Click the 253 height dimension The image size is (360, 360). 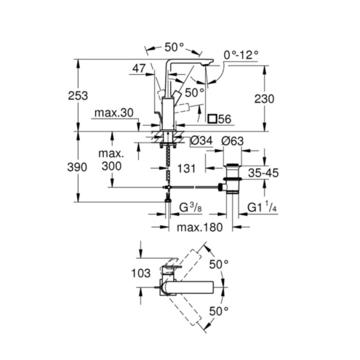(78, 96)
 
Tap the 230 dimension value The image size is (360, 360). (264, 99)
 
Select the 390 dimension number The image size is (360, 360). (77, 167)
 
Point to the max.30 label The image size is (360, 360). (114, 113)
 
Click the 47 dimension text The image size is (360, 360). (139, 68)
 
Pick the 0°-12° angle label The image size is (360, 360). (241, 55)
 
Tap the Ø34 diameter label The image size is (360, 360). (201, 140)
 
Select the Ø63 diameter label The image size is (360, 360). (233, 141)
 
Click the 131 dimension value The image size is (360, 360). (186, 169)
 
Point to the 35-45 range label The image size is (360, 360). (263, 173)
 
